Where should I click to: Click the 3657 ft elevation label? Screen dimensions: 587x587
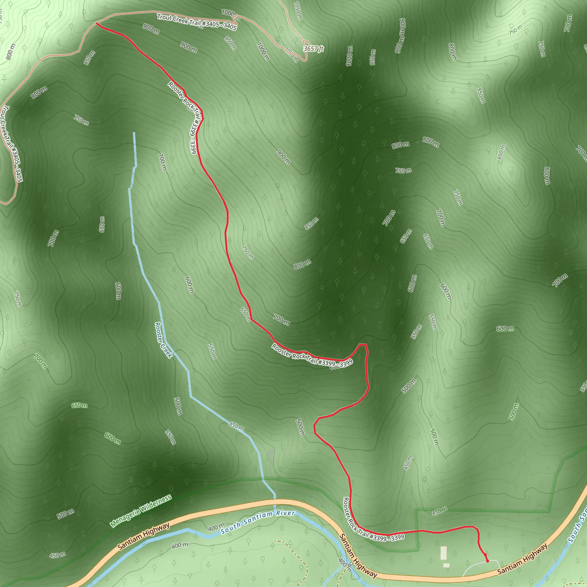pos(313,49)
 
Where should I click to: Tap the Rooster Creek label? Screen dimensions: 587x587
pos(163,340)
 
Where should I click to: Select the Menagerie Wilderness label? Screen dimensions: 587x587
pos(141,511)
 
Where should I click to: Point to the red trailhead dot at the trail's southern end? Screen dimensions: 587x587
pos(487,561)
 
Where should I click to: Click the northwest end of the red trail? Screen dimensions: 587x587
pos(97,23)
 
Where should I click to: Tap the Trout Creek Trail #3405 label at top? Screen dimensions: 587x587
pos(197,22)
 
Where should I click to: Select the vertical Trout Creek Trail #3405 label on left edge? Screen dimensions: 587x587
pos(11,144)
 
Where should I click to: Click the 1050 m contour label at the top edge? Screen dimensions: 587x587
pos(298,11)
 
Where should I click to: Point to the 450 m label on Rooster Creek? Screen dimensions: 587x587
pos(236,426)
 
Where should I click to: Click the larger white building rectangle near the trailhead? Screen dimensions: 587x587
pos(444,553)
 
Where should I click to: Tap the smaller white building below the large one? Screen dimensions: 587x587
pos(446,566)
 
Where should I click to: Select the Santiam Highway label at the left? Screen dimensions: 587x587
pos(143,536)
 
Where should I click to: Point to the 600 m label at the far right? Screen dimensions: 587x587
pos(505,329)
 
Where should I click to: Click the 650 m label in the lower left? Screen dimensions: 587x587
pos(79,406)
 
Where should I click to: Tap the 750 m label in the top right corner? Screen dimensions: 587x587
pos(516,30)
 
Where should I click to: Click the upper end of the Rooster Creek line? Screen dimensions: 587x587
pos(134,133)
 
